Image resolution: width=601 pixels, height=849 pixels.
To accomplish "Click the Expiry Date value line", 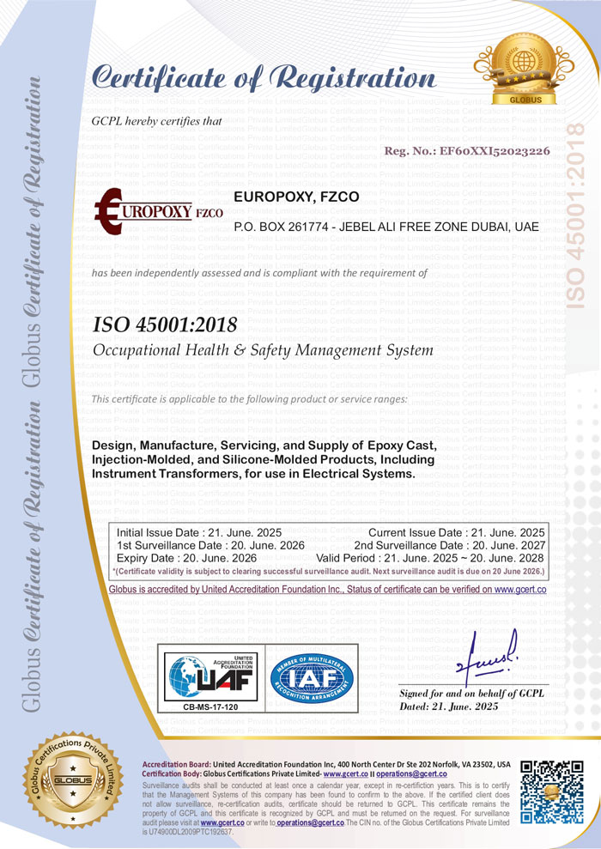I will pyautogui.click(x=173, y=558).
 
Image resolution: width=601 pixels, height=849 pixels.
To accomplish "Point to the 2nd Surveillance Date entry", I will pyautogui.click(x=449, y=545).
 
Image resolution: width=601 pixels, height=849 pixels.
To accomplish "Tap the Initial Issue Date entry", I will pyautogui.click(x=198, y=532).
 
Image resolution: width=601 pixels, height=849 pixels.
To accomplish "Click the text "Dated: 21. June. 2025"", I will pyautogui.click(x=449, y=706).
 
